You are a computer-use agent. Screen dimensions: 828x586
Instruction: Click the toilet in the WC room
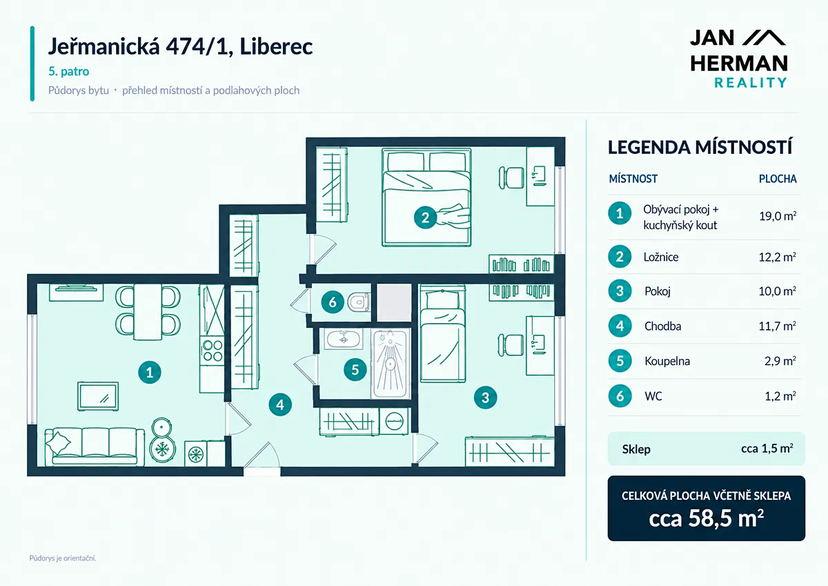tap(359, 302)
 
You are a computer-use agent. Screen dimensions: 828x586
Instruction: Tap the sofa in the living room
tap(95, 447)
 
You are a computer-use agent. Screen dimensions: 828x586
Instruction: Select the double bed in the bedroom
tap(426, 197)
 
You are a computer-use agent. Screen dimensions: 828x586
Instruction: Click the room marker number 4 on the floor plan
tap(280, 404)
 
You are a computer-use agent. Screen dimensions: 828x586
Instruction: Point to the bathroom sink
tap(344, 339)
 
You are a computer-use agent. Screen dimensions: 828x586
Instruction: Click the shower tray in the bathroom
tap(391, 364)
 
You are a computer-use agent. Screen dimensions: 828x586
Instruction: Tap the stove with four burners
tap(213, 351)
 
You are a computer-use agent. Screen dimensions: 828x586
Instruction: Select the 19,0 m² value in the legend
tap(778, 216)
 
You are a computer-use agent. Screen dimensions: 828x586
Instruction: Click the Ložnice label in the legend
tap(661, 257)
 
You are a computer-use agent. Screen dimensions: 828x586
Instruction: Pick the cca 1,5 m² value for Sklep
tap(767, 449)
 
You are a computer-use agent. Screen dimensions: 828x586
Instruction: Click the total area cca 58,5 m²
tap(706, 518)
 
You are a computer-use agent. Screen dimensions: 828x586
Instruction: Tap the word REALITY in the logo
tap(751, 82)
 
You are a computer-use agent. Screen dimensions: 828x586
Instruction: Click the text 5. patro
tap(69, 71)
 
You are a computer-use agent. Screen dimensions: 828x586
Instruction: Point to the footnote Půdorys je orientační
tap(63, 558)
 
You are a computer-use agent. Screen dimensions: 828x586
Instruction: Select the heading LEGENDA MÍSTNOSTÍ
tap(700, 147)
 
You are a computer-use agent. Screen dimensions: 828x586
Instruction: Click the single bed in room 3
tap(442, 334)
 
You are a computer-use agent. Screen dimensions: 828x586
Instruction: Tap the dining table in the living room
tap(148, 312)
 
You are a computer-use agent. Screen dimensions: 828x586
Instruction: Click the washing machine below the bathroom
tap(394, 421)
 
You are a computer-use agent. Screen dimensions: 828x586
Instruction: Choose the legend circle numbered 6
tap(620, 396)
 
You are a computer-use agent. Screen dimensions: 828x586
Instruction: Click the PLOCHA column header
tap(778, 179)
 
